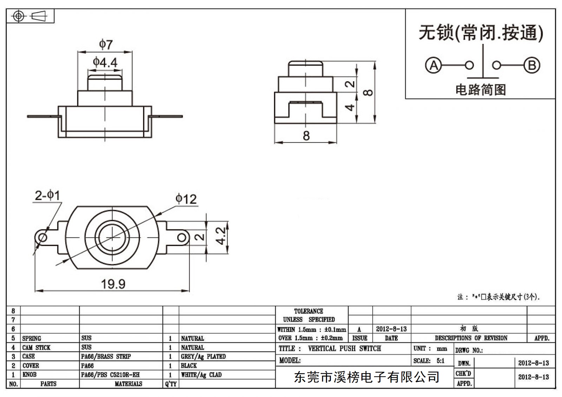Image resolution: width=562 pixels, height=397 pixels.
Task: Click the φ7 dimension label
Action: pyautogui.click(x=106, y=44)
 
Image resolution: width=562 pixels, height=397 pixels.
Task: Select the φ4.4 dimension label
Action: pyautogui.click(x=105, y=62)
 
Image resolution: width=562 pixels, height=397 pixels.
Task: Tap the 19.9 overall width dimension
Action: pyautogui.click(x=113, y=284)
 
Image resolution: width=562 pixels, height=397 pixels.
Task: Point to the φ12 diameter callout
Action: pyautogui.click(x=186, y=199)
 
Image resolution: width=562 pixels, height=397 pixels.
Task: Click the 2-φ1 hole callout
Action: pyautogui.click(x=47, y=196)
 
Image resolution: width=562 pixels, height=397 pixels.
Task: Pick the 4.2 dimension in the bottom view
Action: pyautogui.click(x=221, y=236)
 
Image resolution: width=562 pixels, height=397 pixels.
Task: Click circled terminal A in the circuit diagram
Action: pyautogui.click(x=433, y=65)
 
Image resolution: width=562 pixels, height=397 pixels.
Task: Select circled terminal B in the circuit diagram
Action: pyautogui.click(x=532, y=65)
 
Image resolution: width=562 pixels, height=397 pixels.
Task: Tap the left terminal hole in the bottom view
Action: pyautogui.click(x=43, y=237)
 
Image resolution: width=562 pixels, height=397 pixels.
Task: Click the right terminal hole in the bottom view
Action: pyautogui.click(x=182, y=238)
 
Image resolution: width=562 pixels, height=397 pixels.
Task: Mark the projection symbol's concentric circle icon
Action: pyautogui.click(x=19, y=16)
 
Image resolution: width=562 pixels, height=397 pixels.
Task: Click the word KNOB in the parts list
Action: pyautogui.click(x=30, y=375)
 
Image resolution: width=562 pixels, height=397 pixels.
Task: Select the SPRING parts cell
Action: pyautogui.click(x=32, y=338)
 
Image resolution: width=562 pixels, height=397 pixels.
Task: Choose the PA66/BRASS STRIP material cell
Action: pyautogui.click(x=106, y=356)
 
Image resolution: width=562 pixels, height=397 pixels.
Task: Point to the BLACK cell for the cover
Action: pyautogui.click(x=189, y=365)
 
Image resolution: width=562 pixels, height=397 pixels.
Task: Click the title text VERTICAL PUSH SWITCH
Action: pyautogui.click(x=345, y=348)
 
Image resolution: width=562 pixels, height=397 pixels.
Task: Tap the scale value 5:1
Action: pyautogui.click(x=440, y=360)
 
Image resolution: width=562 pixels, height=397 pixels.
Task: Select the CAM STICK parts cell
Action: pyautogui.click(x=37, y=348)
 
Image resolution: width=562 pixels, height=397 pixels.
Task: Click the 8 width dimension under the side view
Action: pyautogui.click(x=306, y=136)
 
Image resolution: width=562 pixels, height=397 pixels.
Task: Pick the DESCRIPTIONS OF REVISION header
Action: pyautogui.click(x=471, y=338)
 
